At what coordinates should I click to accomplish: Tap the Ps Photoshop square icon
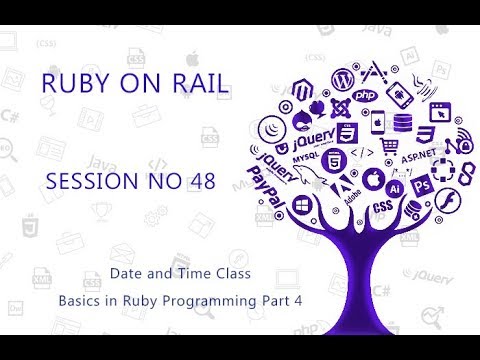(421, 186)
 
